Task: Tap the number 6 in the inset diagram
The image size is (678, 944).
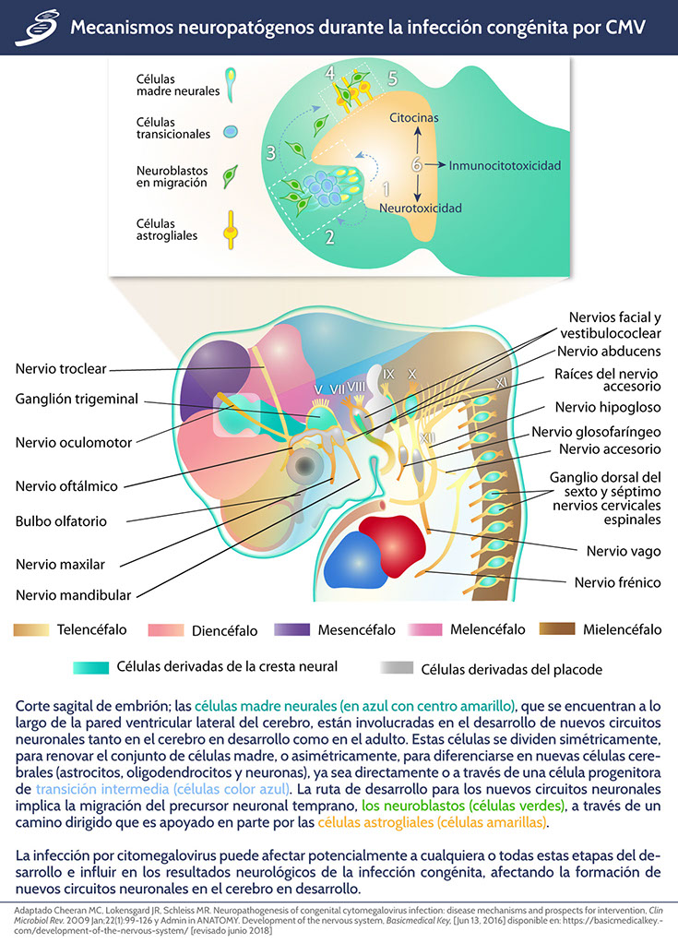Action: (x=417, y=166)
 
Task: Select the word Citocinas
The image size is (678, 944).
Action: (x=414, y=118)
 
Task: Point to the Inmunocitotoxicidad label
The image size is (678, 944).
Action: (x=505, y=166)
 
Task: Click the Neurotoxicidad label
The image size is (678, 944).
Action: (x=421, y=209)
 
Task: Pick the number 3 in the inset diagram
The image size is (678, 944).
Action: (x=270, y=152)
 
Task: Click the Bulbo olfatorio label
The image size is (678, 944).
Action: (x=61, y=520)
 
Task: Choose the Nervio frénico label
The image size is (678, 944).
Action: (x=613, y=582)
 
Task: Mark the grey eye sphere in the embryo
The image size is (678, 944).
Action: (x=302, y=468)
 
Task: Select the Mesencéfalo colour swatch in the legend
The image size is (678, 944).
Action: (x=293, y=630)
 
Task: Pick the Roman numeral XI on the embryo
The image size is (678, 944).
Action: (x=501, y=380)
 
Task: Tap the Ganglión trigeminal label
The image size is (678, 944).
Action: (x=77, y=399)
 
